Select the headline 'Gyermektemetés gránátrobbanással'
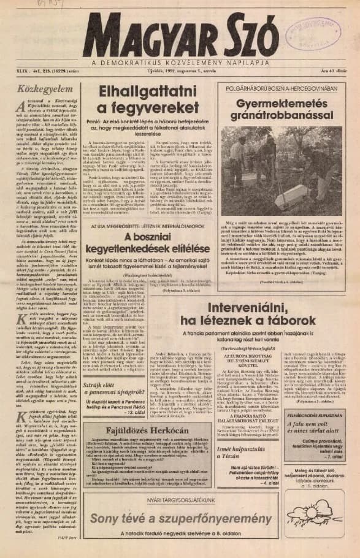tap(281, 108)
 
